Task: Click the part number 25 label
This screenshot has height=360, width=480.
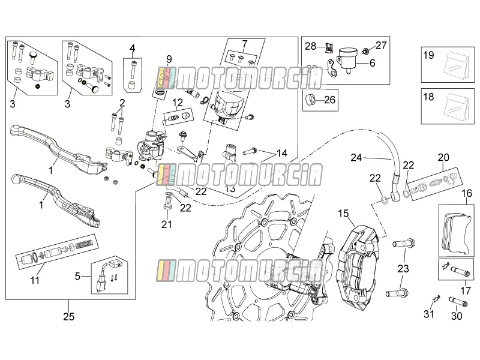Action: (69, 316)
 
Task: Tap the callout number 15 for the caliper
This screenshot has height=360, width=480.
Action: (343, 214)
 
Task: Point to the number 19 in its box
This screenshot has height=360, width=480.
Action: (428, 55)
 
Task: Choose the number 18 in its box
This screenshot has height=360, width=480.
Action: (428, 97)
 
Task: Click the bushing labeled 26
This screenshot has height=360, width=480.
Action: (311, 100)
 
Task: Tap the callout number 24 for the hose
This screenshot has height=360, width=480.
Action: (356, 158)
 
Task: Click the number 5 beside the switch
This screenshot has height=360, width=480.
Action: (77, 276)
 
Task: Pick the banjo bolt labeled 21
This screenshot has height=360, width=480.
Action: (167, 203)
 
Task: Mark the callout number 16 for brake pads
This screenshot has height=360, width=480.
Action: (467, 193)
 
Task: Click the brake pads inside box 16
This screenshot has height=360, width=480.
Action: (456, 230)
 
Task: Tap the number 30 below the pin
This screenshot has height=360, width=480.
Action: (457, 316)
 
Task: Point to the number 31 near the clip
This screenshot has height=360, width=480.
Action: (429, 314)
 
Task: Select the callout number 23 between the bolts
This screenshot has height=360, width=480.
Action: (403, 268)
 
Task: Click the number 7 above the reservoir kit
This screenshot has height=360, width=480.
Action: (245, 44)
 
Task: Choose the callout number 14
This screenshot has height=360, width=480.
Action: (282, 153)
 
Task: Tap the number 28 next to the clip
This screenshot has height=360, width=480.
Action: (310, 46)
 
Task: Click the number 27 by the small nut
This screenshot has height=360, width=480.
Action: (381, 46)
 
